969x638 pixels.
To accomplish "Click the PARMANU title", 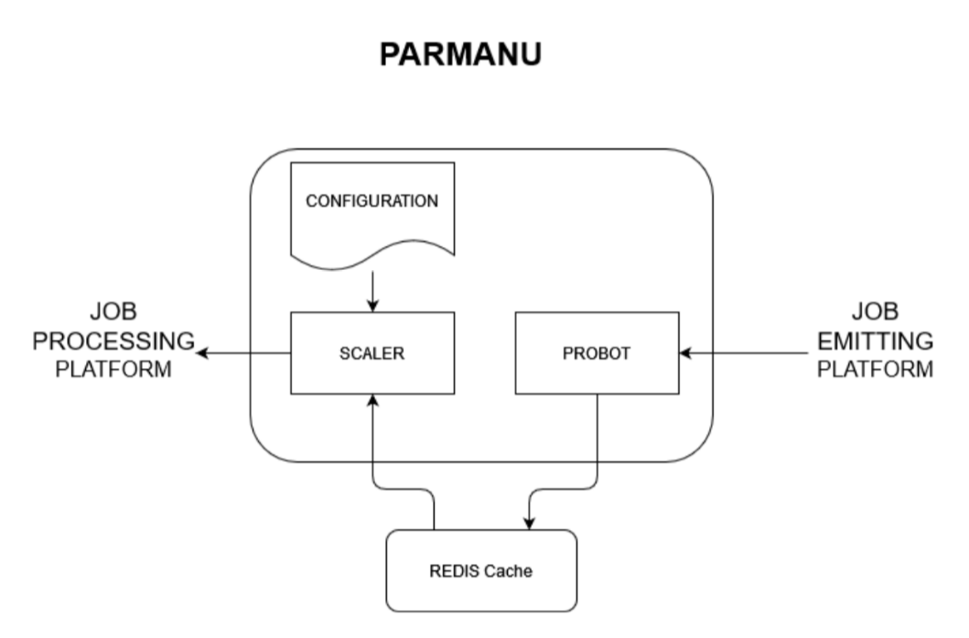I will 460,55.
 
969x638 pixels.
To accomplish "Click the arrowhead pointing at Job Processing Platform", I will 205,352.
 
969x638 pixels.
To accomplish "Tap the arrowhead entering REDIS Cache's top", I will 528,523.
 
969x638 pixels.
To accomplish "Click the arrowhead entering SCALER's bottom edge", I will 372,401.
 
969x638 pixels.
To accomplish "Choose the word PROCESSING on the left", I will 113,341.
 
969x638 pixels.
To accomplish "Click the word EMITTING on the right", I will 875,341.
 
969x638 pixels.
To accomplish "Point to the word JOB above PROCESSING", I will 113,311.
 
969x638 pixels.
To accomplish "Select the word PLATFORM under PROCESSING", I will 113,371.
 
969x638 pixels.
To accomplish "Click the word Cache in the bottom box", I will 511,572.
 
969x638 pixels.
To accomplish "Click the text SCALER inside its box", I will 372,353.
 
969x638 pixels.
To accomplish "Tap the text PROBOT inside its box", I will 597,353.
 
